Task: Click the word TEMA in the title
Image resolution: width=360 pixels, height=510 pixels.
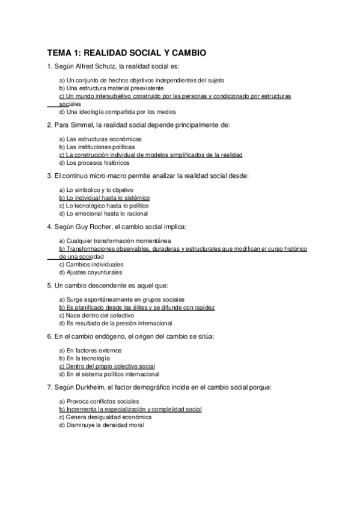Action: click(59, 53)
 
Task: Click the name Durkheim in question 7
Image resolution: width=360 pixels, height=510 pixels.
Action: click(91, 387)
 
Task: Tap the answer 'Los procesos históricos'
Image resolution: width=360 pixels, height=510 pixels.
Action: click(94, 162)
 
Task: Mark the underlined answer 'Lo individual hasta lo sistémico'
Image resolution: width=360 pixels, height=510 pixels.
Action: click(104, 197)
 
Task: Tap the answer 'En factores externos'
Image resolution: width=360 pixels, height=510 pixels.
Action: click(90, 350)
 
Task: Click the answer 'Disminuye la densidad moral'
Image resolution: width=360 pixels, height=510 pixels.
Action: click(102, 425)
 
